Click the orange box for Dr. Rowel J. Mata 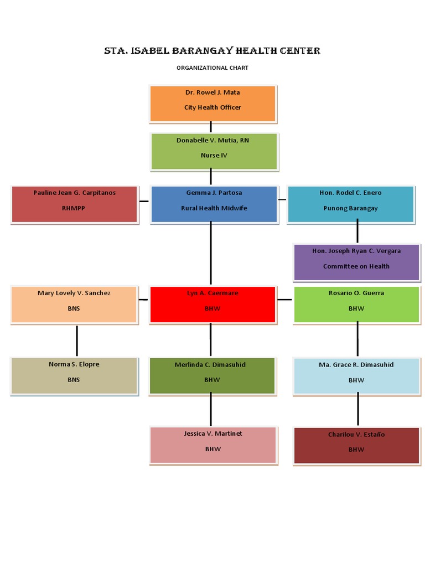tap(212, 104)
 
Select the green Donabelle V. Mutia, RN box tap(214, 151)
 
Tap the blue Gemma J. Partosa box tap(214, 204)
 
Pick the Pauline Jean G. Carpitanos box tap(74, 204)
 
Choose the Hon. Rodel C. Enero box tap(350, 204)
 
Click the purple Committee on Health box tap(357, 262)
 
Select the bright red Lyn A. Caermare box tap(212, 304)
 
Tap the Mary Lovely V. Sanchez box tap(74, 304)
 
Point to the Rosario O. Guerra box tap(356, 304)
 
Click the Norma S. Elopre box tap(74, 375)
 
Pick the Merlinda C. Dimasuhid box tap(212, 375)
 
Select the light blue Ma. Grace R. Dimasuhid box tap(356, 376)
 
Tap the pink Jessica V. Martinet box tap(213, 445)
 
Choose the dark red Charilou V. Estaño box tap(356, 445)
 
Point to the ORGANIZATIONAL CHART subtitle tap(212, 68)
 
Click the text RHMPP tap(74, 209)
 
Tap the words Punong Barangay tap(350, 209)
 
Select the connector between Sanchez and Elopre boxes tap(76, 341)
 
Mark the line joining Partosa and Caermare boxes tap(210, 254)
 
